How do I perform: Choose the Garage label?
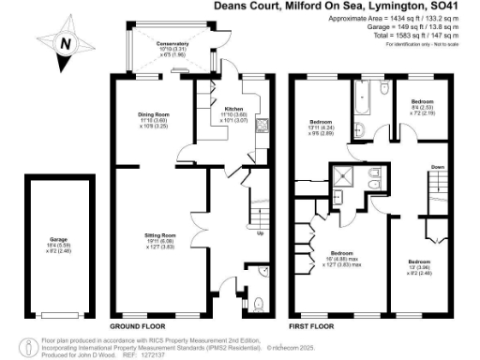(x=59, y=245)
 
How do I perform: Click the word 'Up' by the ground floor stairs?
(x=260, y=233)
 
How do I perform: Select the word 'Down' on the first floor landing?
(x=437, y=167)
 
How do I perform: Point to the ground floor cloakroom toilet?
(x=258, y=302)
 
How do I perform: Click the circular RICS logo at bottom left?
(x=24, y=343)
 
